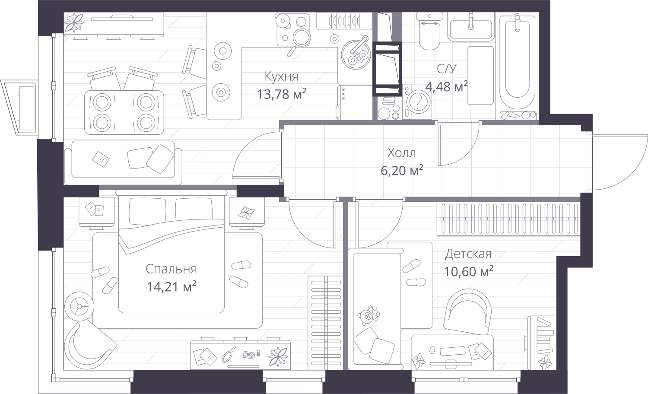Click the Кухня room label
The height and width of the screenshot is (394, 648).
point(281,76)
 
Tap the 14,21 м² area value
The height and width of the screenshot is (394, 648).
point(172,286)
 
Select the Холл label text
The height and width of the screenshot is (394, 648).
point(401,153)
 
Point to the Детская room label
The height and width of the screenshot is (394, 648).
point(468,254)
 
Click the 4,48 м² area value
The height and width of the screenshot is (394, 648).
point(446,87)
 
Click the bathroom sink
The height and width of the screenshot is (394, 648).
point(470,27)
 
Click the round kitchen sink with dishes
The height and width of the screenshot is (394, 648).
point(355,54)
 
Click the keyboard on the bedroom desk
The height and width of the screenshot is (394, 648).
point(249,355)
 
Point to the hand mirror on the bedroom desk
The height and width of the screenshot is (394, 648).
point(229,354)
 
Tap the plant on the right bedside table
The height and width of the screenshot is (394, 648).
point(246,212)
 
